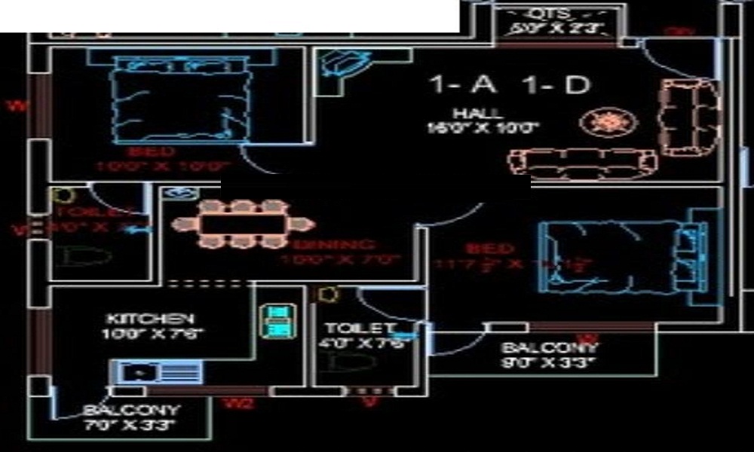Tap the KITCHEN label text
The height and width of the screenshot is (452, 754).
tap(150, 319)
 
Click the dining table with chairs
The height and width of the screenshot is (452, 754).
tap(241, 224)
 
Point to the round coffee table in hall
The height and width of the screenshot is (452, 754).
tap(608, 121)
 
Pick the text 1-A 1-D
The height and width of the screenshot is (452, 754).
tap(509, 84)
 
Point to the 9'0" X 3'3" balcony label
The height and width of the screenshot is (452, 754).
tap(549, 362)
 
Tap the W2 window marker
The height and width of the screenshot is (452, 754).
tap(238, 404)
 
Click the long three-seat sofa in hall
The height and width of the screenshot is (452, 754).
tap(582, 160)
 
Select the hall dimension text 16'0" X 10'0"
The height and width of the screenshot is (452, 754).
tap(483, 128)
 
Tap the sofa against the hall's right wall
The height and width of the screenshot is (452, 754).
tap(688, 117)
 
